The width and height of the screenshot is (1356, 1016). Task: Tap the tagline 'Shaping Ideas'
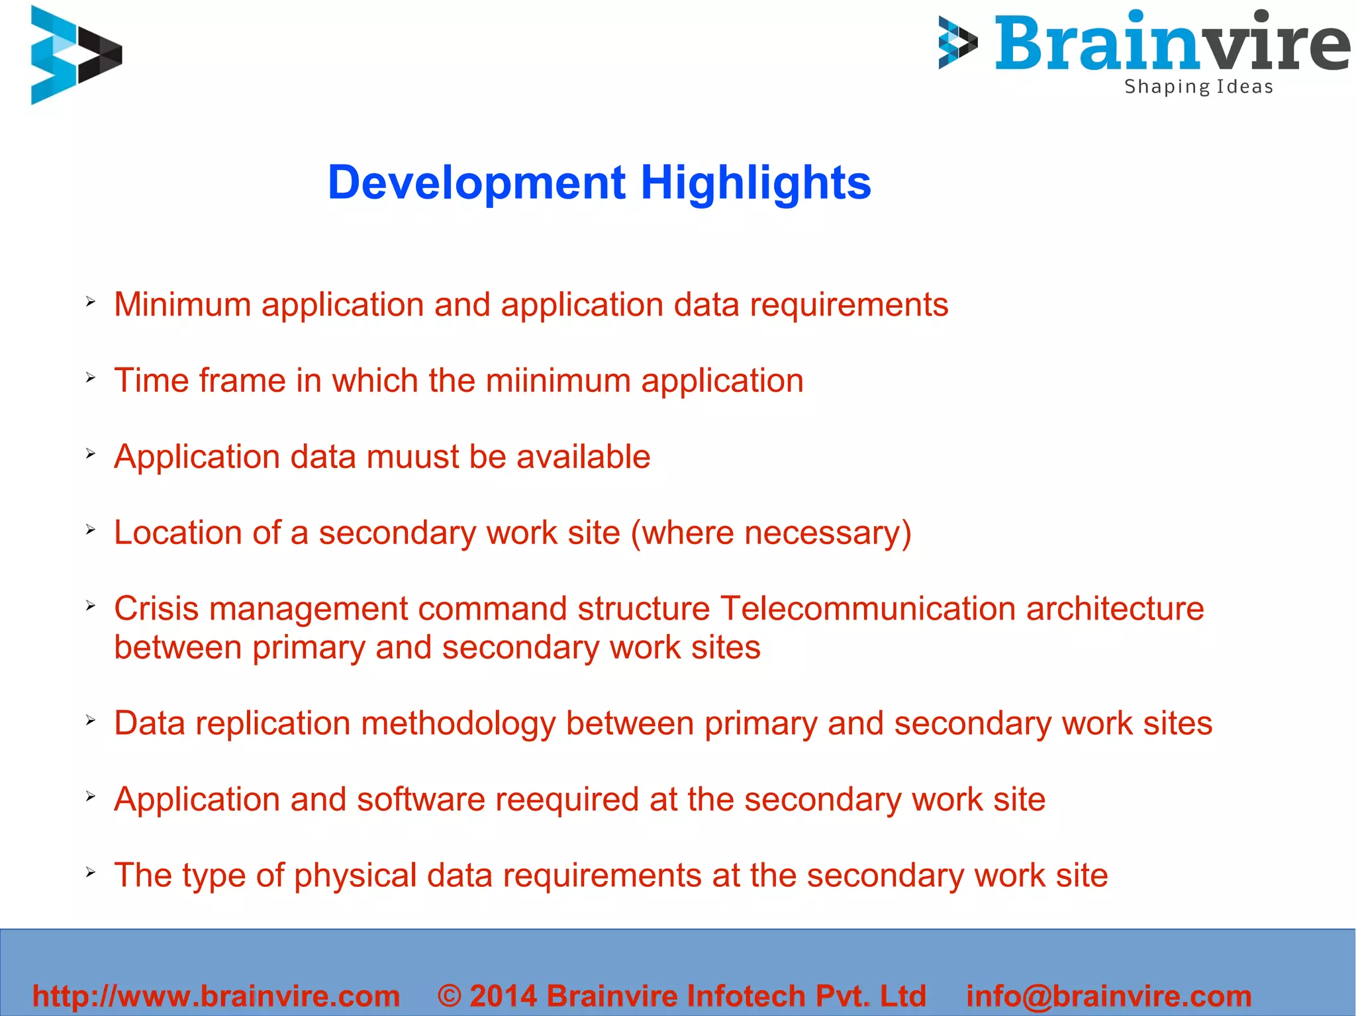(1198, 87)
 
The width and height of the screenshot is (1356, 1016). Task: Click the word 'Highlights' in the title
(755, 183)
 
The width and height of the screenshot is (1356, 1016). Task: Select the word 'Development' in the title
(477, 183)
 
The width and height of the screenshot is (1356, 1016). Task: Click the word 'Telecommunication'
(867, 609)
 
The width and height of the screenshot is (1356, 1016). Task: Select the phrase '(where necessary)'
(771, 533)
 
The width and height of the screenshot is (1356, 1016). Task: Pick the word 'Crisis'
(156, 609)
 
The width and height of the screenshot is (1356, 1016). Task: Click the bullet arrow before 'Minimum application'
(91, 302)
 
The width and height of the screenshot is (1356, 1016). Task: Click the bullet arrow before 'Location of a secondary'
(91, 530)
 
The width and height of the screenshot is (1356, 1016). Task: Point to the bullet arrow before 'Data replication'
(91, 721)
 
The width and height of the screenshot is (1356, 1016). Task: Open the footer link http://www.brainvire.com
(217, 996)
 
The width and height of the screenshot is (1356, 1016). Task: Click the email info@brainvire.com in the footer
(1108, 996)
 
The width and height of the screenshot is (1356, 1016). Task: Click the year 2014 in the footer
(503, 996)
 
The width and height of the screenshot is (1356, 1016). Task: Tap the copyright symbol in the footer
(450, 996)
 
